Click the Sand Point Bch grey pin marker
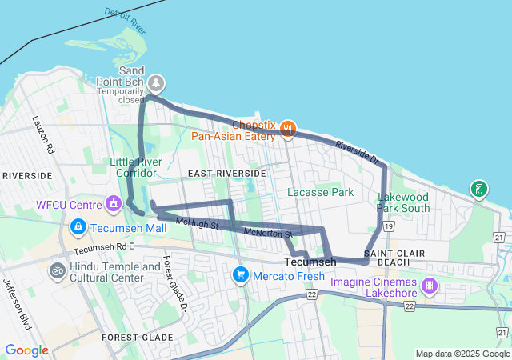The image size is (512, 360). [x=157, y=82]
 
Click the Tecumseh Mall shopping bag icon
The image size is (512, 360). [x=78, y=227]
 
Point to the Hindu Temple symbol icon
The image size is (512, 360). [x=57, y=270]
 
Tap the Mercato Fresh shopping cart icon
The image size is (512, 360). [x=240, y=275]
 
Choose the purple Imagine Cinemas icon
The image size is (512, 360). [x=430, y=286]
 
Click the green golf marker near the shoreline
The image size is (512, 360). [x=478, y=189]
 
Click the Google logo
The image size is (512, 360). [x=26, y=350]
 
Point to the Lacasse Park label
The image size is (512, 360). [x=320, y=192]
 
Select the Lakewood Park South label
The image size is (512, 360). [x=404, y=202]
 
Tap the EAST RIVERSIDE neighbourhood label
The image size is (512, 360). [x=226, y=173]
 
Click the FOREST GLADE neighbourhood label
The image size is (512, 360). [x=138, y=338]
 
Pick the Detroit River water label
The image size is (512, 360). [x=126, y=22]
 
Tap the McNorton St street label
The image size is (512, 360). [x=268, y=233]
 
